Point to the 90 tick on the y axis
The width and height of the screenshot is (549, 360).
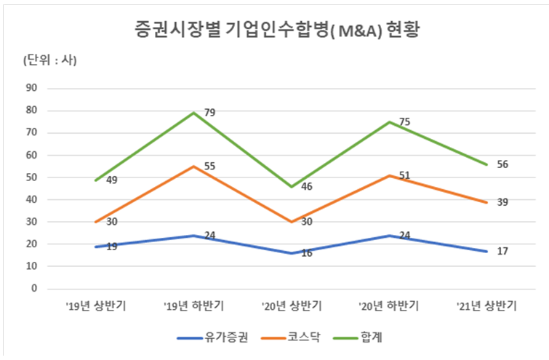tap(31, 88)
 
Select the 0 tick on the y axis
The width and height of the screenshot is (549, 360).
tap(34, 288)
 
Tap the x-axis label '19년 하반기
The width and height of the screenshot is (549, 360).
tap(193, 305)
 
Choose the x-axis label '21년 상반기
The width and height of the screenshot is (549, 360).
tap(486, 305)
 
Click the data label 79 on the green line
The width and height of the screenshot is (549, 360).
tap(209, 112)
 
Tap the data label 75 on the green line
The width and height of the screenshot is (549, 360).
tap(405, 121)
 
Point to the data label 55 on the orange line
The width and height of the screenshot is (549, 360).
tap(209, 166)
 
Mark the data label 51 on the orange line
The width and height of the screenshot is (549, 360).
tap(405, 175)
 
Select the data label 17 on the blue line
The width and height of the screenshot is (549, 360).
tap(502, 251)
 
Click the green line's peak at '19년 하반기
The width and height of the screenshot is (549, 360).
tap(193, 113)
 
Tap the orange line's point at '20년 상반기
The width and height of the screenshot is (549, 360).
tap(291, 222)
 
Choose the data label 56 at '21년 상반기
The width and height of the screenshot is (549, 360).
tap(502, 164)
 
